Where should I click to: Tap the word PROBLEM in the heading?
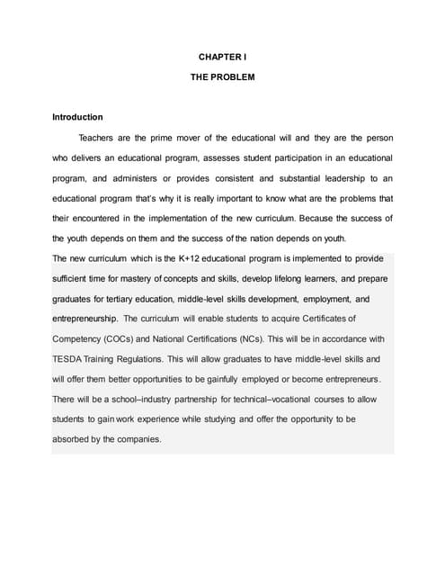235,77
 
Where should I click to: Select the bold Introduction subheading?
77,117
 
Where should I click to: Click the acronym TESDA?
71,358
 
